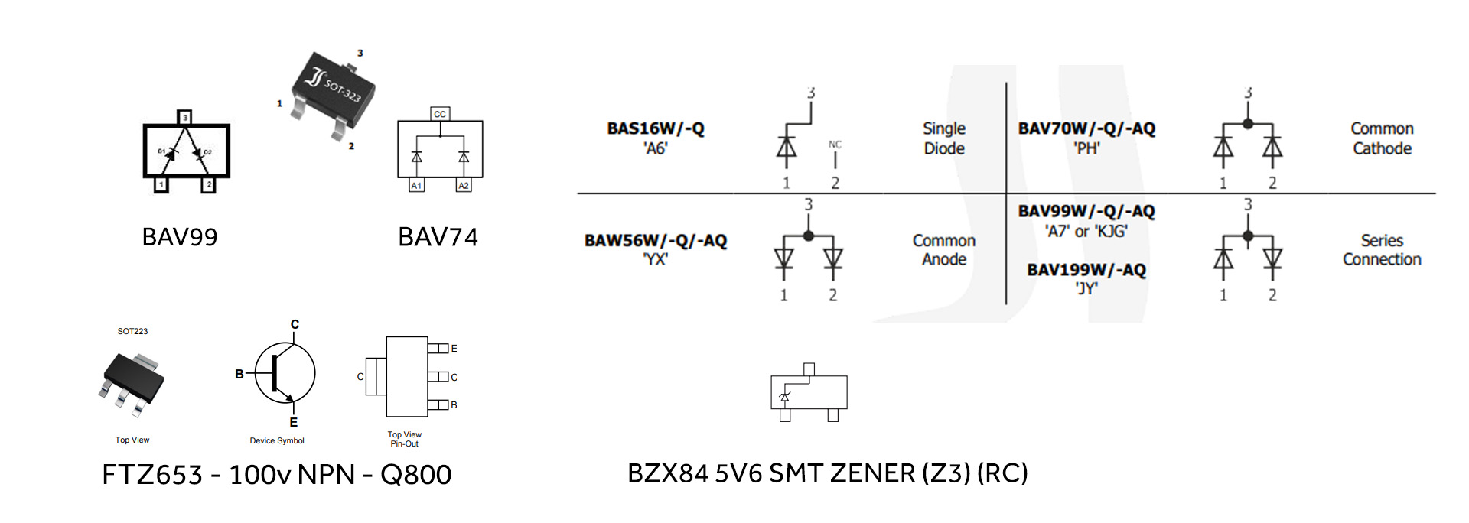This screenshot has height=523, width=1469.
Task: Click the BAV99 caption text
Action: click(180, 237)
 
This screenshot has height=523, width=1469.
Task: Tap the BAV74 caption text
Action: click(438, 237)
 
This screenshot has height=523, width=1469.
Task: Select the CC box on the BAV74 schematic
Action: click(440, 114)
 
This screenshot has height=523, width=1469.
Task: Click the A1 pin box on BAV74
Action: click(416, 186)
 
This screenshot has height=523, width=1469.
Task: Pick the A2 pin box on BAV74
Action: click(464, 186)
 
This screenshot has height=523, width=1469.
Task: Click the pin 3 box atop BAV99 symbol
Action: click(184, 117)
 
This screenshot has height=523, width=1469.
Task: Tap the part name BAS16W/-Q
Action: click(656, 128)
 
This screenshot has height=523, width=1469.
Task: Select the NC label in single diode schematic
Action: click(835, 144)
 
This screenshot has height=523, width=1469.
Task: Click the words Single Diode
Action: click(944, 138)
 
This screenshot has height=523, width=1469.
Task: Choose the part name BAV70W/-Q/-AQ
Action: click(1086, 128)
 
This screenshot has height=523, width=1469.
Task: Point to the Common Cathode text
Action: click(1382, 138)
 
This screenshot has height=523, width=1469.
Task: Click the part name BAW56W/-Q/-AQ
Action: click(656, 241)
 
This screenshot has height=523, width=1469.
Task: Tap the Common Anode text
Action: click(944, 250)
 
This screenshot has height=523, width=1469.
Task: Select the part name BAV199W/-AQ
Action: click(1086, 270)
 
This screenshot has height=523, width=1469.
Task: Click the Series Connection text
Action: click(1382, 250)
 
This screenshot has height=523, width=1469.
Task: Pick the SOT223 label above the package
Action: click(132, 331)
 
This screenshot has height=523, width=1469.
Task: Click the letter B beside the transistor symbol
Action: click(239, 374)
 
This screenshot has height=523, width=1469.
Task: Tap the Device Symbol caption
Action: click(277, 440)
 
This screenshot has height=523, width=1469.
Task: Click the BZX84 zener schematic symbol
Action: click(809, 393)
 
